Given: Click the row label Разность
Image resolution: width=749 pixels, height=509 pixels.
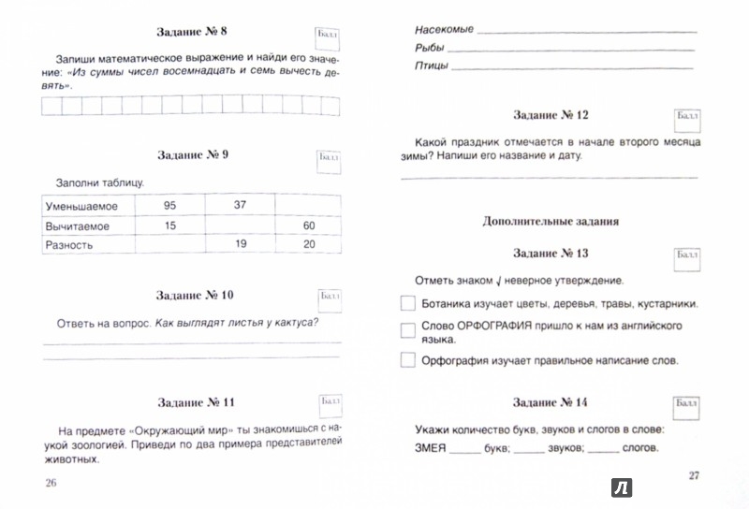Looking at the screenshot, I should point(67,245).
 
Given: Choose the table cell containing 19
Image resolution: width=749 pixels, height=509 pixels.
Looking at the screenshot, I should point(240,245).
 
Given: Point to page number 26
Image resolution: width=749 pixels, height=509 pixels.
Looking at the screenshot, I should point(50,482).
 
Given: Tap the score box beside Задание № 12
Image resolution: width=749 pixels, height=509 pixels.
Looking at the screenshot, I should point(686,118).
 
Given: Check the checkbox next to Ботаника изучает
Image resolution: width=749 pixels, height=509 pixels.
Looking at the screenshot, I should point(407,304).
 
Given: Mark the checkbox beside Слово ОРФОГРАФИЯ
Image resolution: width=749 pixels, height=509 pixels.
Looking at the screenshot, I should point(407,331).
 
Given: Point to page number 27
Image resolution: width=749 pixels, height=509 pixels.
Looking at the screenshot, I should point(694,475).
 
